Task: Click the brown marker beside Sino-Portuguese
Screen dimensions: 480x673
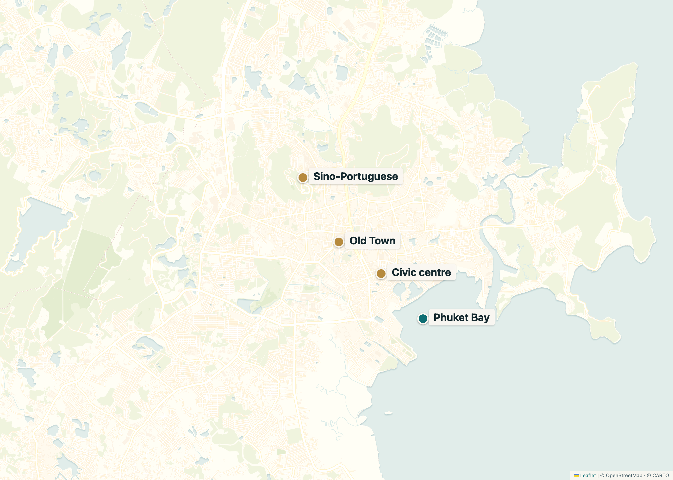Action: click(x=302, y=178)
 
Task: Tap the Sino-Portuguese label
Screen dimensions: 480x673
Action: click(x=355, y=176)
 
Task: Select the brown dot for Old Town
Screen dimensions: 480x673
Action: click(x=339, y=242)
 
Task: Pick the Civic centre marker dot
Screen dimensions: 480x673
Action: click(x=381, y=273)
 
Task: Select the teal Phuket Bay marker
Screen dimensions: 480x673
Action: click(x=423, y=319)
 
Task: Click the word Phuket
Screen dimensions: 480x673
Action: click(x=451, y=318)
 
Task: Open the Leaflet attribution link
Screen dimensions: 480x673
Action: click(x=588, y=475)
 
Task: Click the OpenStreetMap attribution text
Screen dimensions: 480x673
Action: click(x=624, y=475)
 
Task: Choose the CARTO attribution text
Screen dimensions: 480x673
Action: click(x=660, y=475)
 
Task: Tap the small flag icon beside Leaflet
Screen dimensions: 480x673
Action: click(x=576, y=475)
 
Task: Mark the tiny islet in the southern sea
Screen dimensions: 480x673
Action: click(x=388, y=413)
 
